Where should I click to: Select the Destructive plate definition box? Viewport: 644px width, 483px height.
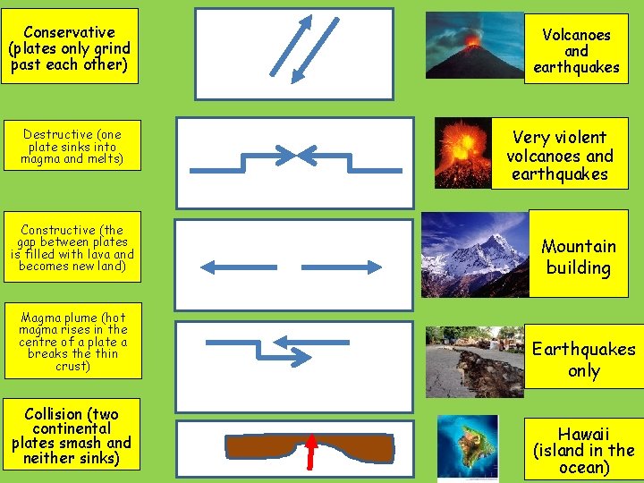(x=72, y=147)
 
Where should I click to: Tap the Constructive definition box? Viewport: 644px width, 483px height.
(x=72, y=248)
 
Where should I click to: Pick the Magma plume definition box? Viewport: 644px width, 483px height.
(x=72, y=342)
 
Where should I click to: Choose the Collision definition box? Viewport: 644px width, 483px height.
(x=72, y=436)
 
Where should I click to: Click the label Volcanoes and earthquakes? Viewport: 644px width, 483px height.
(x=576, y=50)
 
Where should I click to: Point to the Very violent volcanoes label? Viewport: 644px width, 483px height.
(x=560, y=155)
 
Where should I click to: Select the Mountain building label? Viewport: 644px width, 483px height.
(x=579, y=257)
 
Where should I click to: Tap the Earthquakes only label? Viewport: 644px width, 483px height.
(x=583, y=359)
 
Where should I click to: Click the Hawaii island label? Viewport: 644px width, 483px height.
(x=583, y=450)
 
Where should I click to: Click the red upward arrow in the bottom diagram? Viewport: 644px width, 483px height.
(x=313, y=452)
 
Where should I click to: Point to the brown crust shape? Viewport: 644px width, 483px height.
(x=268, y=445)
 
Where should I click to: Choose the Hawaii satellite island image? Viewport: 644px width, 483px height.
(x=468, y=446)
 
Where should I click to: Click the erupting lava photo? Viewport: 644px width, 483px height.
(x=462, y=153)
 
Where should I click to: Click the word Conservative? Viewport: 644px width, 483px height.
(x=70, y=32)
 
